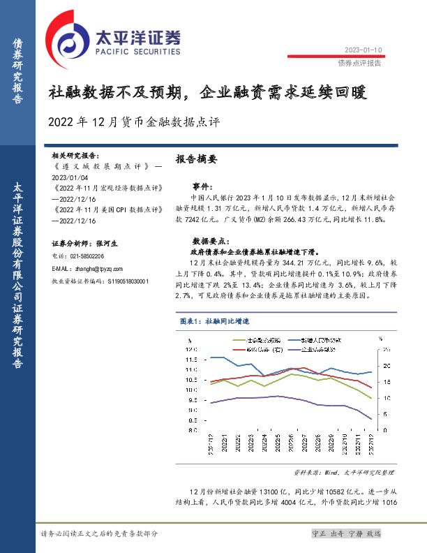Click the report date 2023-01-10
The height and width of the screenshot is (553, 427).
tap(364, 50)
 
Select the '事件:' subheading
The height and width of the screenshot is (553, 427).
tap(202, 186)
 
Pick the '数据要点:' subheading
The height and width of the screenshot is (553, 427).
tap(207, 238)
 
